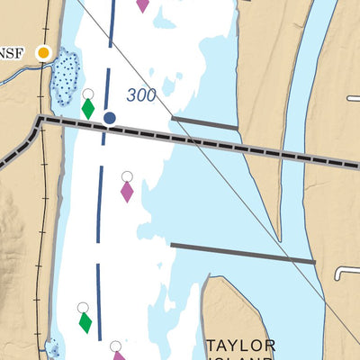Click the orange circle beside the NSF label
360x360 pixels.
pyautogui.click(x=42, y=53)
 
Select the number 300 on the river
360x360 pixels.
pyautogui.click(x=141, y=95)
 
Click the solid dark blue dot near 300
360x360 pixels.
pyautogui.click(x=110, y=117)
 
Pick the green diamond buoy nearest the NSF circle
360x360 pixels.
pyautogui.click(x=88, y=109)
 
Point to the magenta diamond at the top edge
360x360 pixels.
pyautogui.click(x=142, y=4)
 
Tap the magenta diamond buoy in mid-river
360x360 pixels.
pyautogui.click(x=127, y=191)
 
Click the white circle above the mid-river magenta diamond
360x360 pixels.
pyautogui.click(x=127, y=176)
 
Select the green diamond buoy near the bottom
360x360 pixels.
pyautogui.click(x=85, y=321)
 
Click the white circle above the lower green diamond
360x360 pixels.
pyautogui.click(x=83, y=307)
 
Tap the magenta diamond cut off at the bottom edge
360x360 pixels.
pyautogui.click(x=119, y=355)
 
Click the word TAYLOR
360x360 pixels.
pyautogui.click(x=239, y=346)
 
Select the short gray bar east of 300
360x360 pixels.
pyautogui.click(x=205, y=123)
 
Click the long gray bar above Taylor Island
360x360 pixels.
pyautogui.click(x=243, y=253)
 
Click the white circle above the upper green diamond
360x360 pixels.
pyautogui.click(x=87, y=94)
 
